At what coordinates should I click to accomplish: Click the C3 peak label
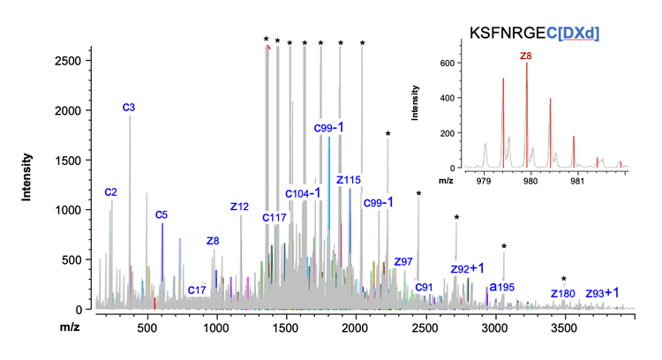pyautogui.click(x=128, y=108)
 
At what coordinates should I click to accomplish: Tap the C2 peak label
pyautogui.click(x=111, y=191)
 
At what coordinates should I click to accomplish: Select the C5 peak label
pyautogui.click(x=162, y=214)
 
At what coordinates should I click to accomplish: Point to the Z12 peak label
pyautogui.click(x=239, y=206)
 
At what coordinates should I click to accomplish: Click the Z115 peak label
pyautogui.click(x=349, y=180)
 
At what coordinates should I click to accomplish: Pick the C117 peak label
pyautogui.click(x=275, y=217)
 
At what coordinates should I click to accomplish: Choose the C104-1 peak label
pyautogui.click(x=303, y=193)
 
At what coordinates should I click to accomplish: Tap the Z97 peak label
pyautogui.click(x=403, y=262)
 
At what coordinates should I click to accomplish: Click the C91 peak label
pyautogui.click(x=424, y=287)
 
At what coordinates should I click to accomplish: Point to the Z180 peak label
pyautogui.click(x=562, y=293)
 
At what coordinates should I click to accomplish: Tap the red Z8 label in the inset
pyautogui.click(x=526, y=56)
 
